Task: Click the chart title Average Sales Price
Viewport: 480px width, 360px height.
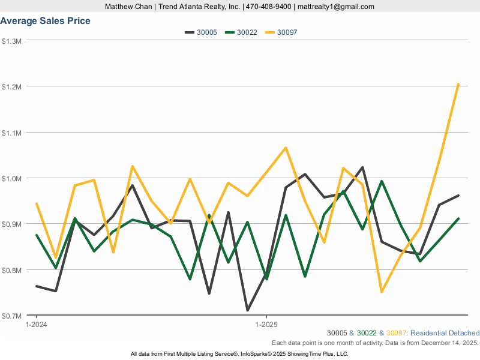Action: point(46,21)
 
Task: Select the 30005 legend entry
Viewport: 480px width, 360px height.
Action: point(200,32)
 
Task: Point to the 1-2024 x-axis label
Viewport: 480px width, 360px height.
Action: point(37,324)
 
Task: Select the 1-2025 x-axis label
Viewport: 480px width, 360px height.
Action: point(266,324)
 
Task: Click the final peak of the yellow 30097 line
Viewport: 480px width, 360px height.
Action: point(458,84)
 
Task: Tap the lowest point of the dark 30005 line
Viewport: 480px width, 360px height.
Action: point(247,310)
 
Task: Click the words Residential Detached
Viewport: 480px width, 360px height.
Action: point(446,333)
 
